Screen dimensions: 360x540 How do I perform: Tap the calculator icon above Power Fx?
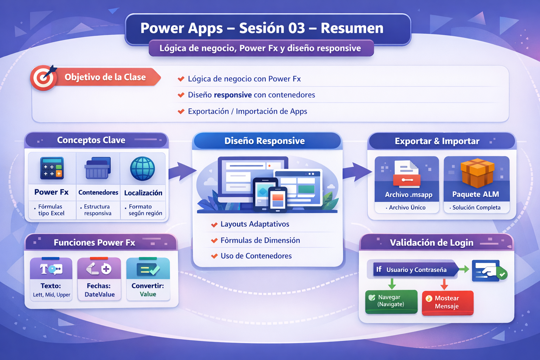tap(52, 168)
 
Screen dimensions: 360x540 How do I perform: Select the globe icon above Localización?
tap(142, 169)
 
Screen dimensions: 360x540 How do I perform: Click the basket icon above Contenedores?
tap(97, 168)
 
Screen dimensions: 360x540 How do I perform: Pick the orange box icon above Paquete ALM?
tap(477, 172)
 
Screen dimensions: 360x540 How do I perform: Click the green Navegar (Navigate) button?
tap(391, 301)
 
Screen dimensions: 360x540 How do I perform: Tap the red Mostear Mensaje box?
tap(447, 302)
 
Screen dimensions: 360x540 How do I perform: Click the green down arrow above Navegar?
tap(392, 283)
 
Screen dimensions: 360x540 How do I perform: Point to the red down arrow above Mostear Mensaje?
tap(444, 284)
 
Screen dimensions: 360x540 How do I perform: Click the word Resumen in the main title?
tap(352, 28)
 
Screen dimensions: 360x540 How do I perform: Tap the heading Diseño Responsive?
tap(264, 141)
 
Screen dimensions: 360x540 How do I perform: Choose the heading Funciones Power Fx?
tap(94, 243)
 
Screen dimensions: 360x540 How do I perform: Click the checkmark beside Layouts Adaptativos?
tap(214, 225)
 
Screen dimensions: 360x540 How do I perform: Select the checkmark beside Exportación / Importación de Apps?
tap(181, 111)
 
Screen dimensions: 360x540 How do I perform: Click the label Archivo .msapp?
tap(409, 195)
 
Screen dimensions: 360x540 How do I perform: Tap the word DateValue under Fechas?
tap(99, 295)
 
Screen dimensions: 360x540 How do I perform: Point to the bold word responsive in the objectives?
tap(233, 95)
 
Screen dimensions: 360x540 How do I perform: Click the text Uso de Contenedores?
tap(256, 256)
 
